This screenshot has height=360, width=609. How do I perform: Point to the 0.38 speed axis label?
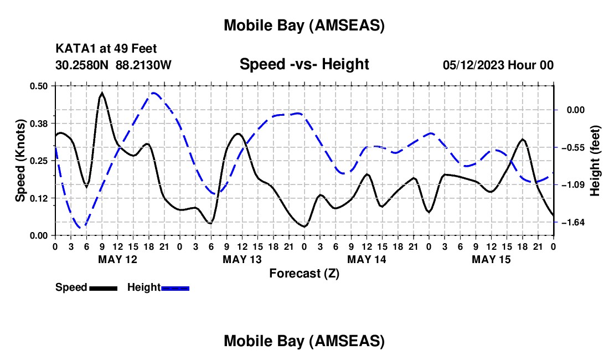pos(42,123)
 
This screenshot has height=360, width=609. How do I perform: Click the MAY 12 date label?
pos(117,259)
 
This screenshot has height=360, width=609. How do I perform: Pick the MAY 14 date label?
pos(367,259)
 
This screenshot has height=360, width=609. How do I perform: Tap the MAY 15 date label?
pos(491,259)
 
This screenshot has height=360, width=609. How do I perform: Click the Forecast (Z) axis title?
pos(304,273)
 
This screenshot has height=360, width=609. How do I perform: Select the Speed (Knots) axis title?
pos(20,161)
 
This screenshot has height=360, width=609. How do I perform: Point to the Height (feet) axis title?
pos(595,161)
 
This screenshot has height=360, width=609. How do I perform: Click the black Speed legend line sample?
pos(102,288)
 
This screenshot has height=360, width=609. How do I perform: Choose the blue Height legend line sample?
pos(175,288)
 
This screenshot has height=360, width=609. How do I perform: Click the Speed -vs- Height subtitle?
pos(304,64)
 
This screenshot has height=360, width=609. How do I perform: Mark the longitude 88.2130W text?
pos(144,65)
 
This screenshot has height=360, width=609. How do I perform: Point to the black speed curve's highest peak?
pos(102,94)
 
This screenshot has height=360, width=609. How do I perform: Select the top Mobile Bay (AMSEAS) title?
pos(304,25)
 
